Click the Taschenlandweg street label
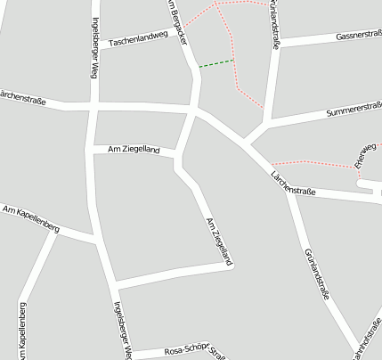point(138,39)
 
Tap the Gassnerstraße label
point(359,36)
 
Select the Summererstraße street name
point(354,111)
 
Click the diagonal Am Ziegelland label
point(218,241)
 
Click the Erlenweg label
point(364,154)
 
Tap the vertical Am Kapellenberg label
point(22,326)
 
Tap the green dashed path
point(215,63)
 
